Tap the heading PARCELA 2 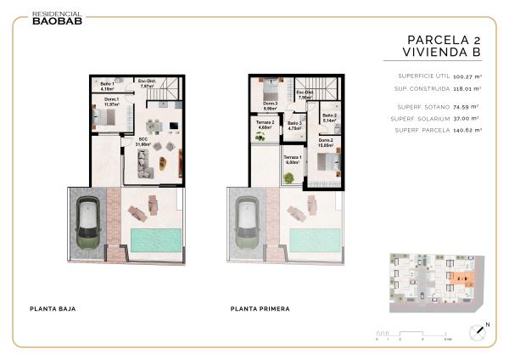pyautogui.click(x=444, y=39)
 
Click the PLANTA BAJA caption pyautogui.click(x=53, y=308)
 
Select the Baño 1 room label pyautogui.click(x=108, y=86)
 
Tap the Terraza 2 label pyautogui.click(x=266, y=125)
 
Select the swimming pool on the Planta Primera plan pyautogui.click(x=316, y=239)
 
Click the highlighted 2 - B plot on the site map pyautogui.click(x=461, y=277)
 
